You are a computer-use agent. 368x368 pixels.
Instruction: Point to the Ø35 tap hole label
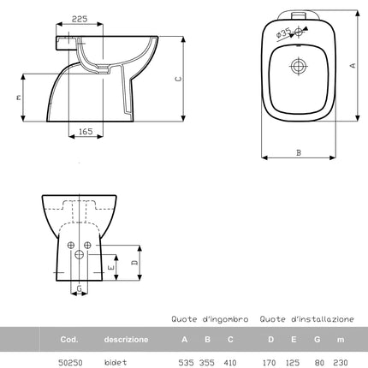(283, 34)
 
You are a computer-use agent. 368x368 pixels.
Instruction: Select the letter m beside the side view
(19, 98)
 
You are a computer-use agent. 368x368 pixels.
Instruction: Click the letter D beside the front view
(135, 264)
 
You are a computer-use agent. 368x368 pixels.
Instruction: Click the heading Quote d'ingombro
(209, 318)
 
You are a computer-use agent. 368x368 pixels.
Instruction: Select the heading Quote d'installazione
(307, 318)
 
